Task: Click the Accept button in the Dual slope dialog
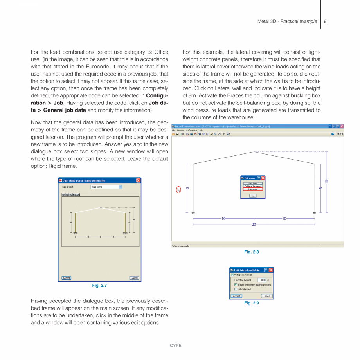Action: click(67, 278)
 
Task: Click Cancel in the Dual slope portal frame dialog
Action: click(134, 278)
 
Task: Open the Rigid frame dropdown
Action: click(121, 187)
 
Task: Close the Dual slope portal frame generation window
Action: click(138, 180)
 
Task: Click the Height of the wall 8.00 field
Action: click(262, 280)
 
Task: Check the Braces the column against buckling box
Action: click(236, 284)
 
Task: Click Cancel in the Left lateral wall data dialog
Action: click(267, 296)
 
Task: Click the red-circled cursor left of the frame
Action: click(179, 190)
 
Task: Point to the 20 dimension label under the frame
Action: click(254, 225)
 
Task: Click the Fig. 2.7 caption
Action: click(99, 286)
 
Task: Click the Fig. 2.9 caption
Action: click(251, 303)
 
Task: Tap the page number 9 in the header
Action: click(325, 21)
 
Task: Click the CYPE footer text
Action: click(175, 346)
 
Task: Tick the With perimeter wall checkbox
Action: click(232, 275)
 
